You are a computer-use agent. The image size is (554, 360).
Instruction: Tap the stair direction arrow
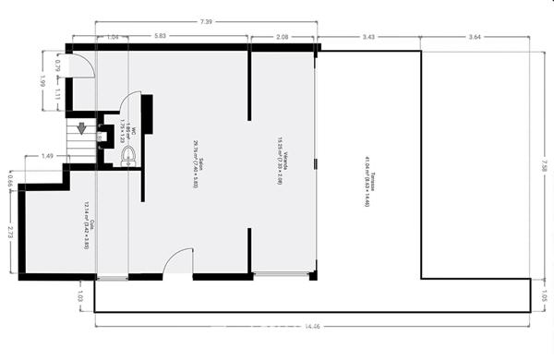coord(81,129)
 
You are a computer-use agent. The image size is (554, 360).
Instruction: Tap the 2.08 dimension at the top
coord(283,36)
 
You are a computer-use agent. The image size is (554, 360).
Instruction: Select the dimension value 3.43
coord(368,36)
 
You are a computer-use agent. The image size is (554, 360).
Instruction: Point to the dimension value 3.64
coord(475,36)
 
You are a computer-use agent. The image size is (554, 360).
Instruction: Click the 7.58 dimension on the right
coord(545,165)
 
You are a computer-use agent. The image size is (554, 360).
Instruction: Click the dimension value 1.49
coord(47,157)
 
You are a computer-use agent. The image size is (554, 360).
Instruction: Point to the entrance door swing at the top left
coord(83,65)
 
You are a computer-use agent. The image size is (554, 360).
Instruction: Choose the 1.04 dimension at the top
coord(111,36)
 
